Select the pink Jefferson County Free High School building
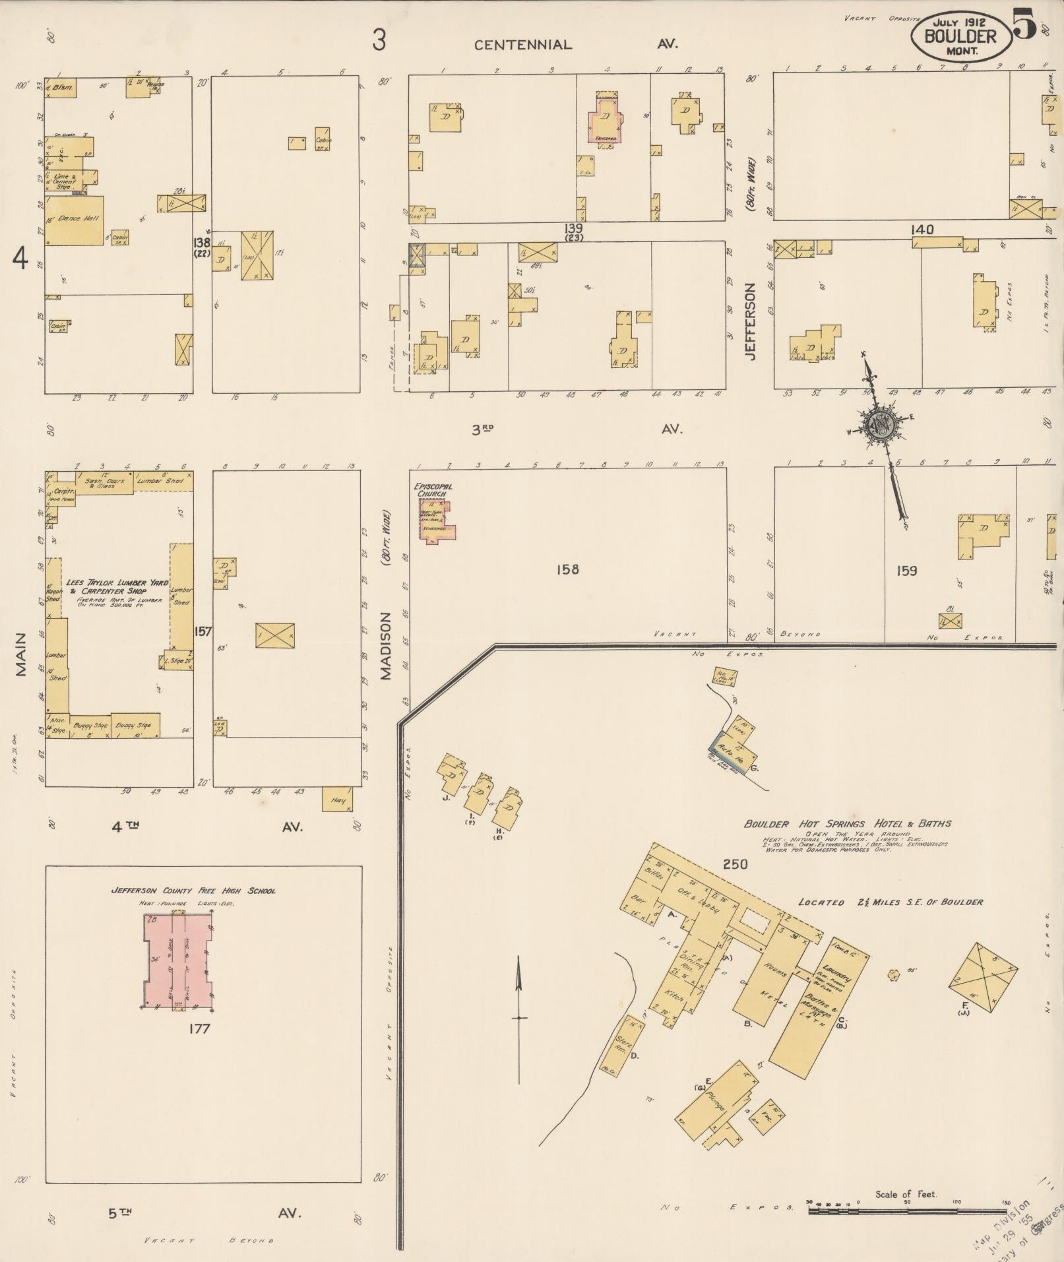click(179, 960)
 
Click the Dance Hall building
click(74, 220)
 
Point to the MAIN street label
click(21, 655)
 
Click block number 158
click(567, 569)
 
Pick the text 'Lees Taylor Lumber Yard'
click(117, 584)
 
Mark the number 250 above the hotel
click(735, 864)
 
